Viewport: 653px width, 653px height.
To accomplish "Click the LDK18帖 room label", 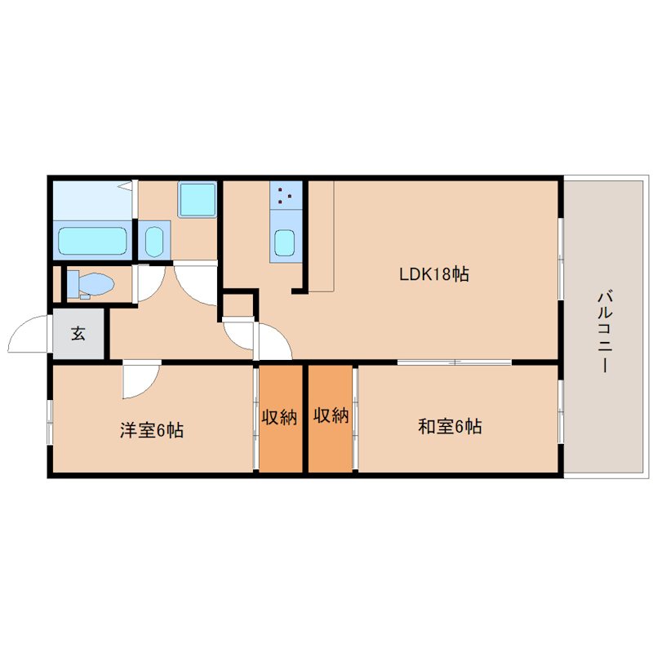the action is [434, 274].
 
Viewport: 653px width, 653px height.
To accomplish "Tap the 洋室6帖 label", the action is [152, 430].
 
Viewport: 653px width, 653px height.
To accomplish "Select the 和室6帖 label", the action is [450, 426].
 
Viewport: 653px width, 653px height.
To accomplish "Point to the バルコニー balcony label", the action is [604, 332].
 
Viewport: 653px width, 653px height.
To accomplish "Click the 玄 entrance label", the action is [78, 334].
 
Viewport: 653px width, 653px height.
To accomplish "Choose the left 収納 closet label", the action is [279, 417].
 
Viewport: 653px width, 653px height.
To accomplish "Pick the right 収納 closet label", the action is [331, 415].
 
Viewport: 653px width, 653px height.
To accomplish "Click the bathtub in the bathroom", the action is [92, 241].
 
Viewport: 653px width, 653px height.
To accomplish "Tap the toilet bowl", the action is [91, 285].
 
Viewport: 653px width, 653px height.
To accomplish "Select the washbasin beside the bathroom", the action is [154, 241].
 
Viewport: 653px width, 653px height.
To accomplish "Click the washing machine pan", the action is [198, 199].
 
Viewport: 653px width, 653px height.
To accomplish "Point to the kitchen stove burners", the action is [286, 195].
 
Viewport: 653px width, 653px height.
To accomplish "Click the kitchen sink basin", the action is [285, 242].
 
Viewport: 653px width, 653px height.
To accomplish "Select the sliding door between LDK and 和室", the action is [455, 362].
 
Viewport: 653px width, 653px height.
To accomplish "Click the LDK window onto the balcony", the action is [561, 258].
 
